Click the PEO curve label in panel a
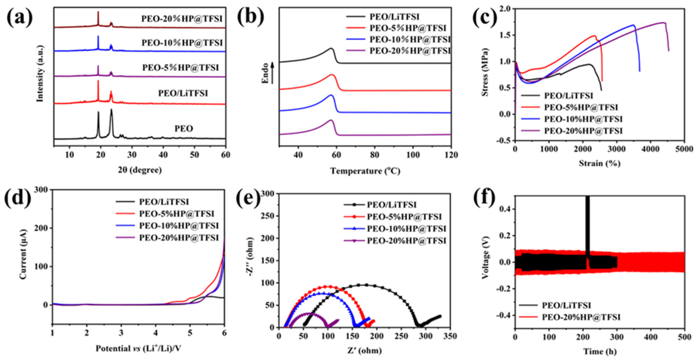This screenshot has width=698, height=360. pyautogui.click(x=183, y=128)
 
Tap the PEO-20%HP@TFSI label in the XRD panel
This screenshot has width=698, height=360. pyautogui.click(x=181, y=19)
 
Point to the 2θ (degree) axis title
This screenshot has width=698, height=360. pyautogui.click(x=140, y=170)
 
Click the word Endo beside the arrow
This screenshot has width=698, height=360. pyautogui.click(x=266, y=73)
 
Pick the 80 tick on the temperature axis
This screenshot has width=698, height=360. pyautogui.click(x=374, y=155)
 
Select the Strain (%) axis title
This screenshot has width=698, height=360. pyautogui.click(x=600, y=163)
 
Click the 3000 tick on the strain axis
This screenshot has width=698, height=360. pyautogui.click(x=617, y=149)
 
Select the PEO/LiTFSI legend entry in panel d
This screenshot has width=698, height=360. pyautogui.click(x=164, y=202)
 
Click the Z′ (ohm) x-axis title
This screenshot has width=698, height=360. pyautogui.click(x=364, y=351)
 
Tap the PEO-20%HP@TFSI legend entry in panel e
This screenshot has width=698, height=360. pyautogui.click(x=406, y=241)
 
